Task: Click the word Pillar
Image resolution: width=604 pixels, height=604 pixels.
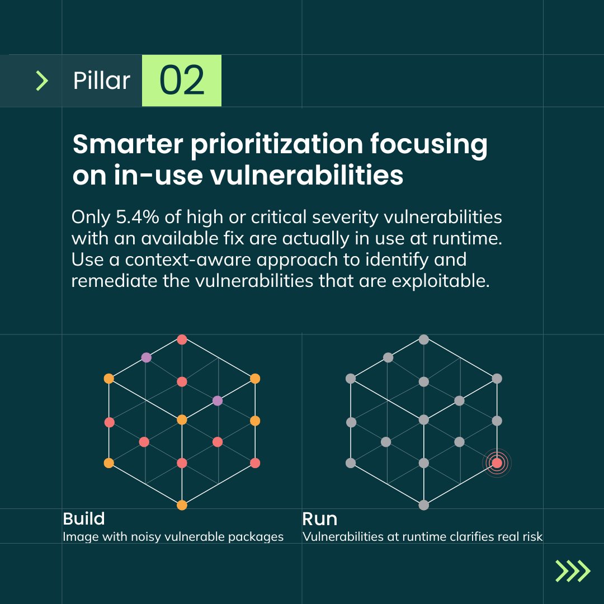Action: (101, 81)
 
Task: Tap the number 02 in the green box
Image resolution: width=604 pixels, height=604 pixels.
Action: (182, 81)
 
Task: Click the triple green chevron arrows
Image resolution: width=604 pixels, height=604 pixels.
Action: (573, 571)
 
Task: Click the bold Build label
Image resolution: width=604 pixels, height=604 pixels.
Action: (84, 518)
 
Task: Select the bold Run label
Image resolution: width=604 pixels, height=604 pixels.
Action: (319, 518)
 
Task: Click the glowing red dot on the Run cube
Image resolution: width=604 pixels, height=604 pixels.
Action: (497, 463)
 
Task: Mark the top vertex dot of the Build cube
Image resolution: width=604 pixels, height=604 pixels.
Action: (182, 339)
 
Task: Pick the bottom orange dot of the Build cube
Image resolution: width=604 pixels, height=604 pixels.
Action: (182, 505)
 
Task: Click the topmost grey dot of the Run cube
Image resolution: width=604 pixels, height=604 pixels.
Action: (423, 339)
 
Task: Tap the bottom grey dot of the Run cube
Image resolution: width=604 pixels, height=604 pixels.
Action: (423, 505)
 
